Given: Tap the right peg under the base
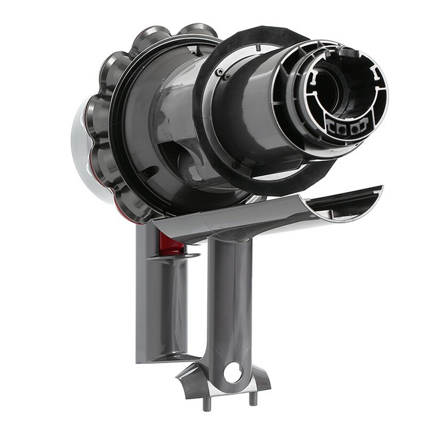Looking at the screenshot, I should tap(252, 398).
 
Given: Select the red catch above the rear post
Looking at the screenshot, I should tap(172, 246).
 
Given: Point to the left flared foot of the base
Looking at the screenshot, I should tap(190, 381).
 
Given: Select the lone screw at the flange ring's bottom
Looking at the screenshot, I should tap(235, 165).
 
